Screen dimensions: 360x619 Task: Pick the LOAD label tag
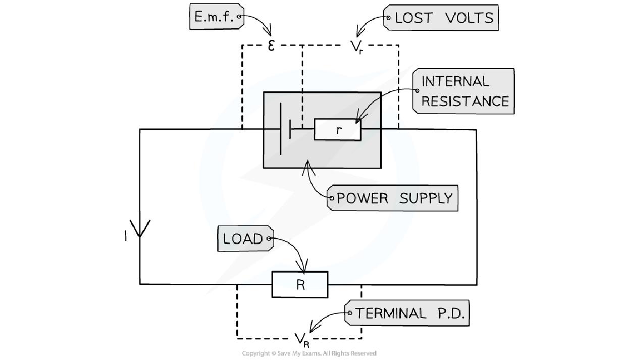point(244,239)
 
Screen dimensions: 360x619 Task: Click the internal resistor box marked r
point(337,130)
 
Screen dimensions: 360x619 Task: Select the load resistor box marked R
point(300,285)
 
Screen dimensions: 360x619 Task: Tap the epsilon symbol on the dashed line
point(271,46)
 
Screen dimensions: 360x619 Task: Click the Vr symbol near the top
point(356,47)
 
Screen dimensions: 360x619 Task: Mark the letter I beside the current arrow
point(126,235)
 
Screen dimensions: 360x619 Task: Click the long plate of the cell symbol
point(281,129)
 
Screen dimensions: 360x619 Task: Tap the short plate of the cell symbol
point(290,129)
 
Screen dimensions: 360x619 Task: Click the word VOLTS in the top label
point(469,18)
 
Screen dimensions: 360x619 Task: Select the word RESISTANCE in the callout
point(465,101)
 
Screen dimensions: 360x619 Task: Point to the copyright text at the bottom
point(309,353)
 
